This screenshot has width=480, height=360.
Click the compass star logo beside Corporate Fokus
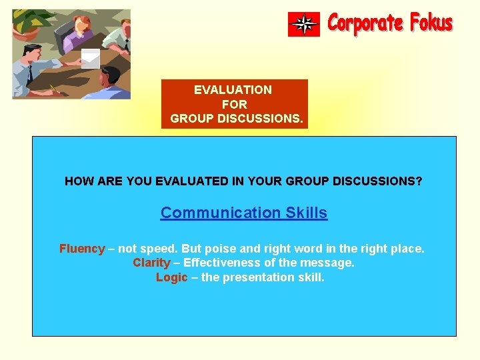(304, 24)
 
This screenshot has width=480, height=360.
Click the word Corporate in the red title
(366, 23)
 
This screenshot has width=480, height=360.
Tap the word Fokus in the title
(431, 23)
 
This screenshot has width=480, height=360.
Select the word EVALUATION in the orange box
(233, 89)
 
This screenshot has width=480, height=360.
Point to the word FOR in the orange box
(234, 104)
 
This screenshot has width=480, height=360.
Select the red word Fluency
(82, 249)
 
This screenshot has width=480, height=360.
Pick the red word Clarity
(151, 263)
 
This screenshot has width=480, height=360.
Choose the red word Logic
(172, 277)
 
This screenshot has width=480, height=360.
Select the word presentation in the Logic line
(255, 277)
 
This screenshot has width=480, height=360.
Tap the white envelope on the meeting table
(91, 58)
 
